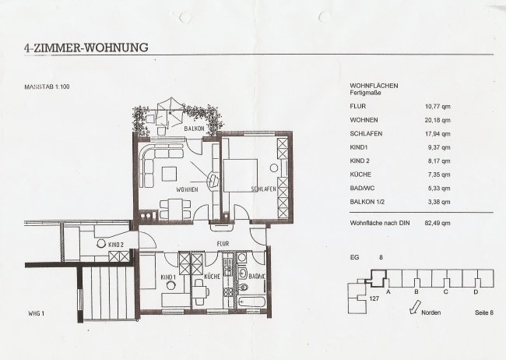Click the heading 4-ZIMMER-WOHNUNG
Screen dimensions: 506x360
pyautogui.click(x=86, y=48)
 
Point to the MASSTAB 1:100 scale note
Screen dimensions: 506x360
pyautogui.click(x=47, y=86)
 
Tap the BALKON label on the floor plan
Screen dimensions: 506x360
pyautogui.click(x=194, y=129)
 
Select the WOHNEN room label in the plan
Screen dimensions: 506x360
pyautogui.click(x=187, y=189)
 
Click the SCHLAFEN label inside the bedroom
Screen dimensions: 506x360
pyautogui.click(x=264, y=189)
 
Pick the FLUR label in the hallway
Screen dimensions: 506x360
pyautogui.click(x=223, y=243)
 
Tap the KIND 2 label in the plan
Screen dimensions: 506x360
pyautogui.click(x=116, y=245)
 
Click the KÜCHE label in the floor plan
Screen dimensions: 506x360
pyautogui.click(x=212, y=277)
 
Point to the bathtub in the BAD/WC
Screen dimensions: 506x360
pyautogui.click(x=251, y=302)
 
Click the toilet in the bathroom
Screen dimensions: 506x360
pyautogui.click(x=243, y=287)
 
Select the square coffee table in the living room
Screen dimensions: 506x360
pyautogui.click(x=169, y=174)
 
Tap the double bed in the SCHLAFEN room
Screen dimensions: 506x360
pyautogui.click(x=240, y=175)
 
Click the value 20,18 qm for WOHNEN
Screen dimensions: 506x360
pyautogui.click(x=437, y=120)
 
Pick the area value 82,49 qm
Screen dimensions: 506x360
pyautogui.click(x=437, y=223)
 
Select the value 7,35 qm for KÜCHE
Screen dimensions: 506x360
pyautogui.click(x=439, y=175)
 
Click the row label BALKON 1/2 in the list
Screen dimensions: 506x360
pyautogui.click(x=367, y=202)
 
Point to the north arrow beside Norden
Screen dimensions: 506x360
pyautogui.click(x=415, y=307)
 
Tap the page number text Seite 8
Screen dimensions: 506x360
pyautogui.click(x=484, y=312)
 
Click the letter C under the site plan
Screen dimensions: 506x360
pyautogui.click(x=445, y=291)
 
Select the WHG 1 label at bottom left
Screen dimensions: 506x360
pyautogui.click(x=36, y=313)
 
